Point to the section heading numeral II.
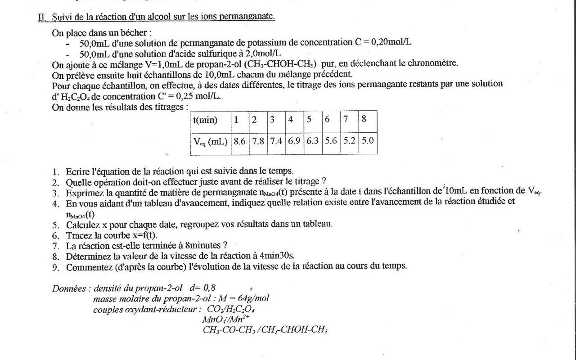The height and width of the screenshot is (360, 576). [x=42, y=17]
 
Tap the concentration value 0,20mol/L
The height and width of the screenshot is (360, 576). [x=391, y=42]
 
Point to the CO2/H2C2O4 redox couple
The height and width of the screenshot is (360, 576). [x=231, y=309]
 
